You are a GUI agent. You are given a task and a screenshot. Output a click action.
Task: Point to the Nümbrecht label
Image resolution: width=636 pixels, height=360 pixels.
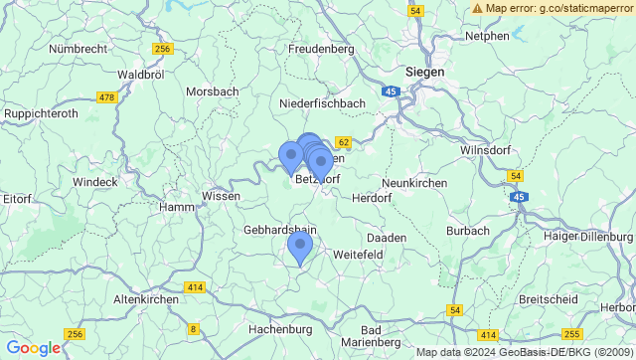pyautogui.click(x=83, y=48)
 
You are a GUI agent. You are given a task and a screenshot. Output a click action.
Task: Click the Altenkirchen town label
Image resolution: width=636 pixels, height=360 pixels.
pyautogui.click(x=146, y=299)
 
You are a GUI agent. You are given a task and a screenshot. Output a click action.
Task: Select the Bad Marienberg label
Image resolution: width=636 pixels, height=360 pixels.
pyautogui.click(x=387, y=337)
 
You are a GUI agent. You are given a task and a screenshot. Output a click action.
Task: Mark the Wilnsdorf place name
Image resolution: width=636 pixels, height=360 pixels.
pyautogui.click(x=489, y=150)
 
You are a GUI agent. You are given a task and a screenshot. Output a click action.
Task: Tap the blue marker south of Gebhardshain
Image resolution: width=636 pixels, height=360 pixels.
pyautogui.click(x=299, y=247)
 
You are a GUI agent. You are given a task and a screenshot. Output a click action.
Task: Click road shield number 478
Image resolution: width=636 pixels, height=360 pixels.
pyautogui.click(x=107, y=96)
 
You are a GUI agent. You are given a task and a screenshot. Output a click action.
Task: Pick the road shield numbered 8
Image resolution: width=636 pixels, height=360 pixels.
pyautogui.click(x=193, y=329)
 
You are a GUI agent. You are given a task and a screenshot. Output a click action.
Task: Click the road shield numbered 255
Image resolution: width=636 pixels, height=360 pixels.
pyautogui.click(x=571, y=335)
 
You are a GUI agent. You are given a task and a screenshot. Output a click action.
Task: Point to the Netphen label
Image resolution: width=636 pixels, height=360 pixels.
pyautogui.click(x=487, y=36)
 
